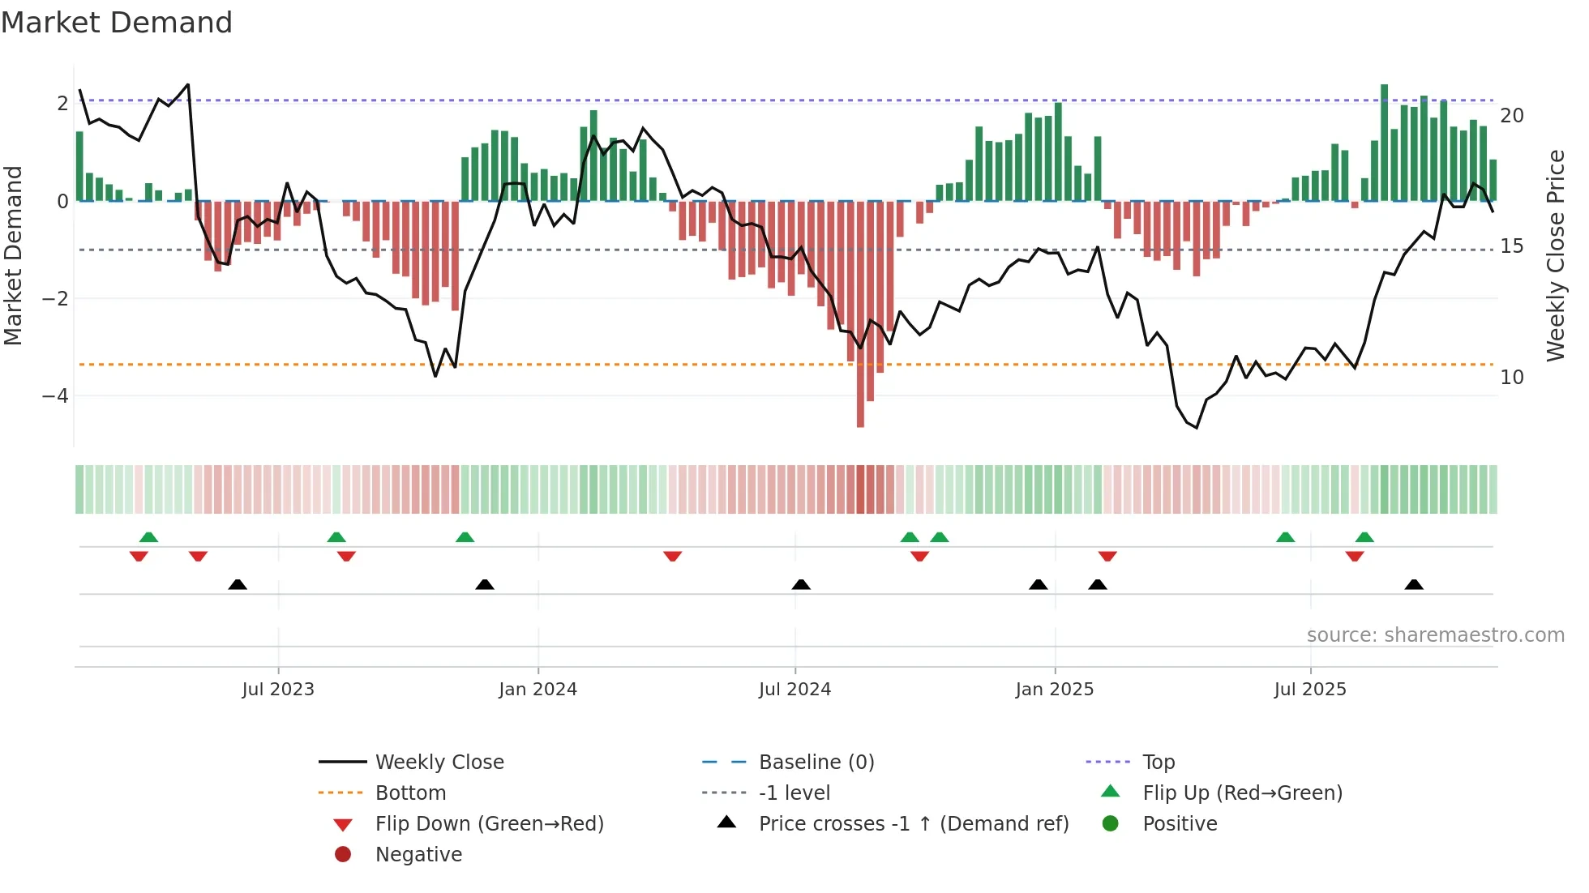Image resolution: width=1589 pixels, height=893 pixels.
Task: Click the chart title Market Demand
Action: [x=117, y=23]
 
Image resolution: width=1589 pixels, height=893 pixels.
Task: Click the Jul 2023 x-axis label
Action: [x=277, y=690]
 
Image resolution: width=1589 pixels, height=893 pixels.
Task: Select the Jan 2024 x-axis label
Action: [x=538, y=690]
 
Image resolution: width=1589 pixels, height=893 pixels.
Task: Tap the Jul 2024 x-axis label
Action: [x=794, y=690]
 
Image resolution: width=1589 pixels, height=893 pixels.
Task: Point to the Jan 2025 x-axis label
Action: [x=1054, y=690]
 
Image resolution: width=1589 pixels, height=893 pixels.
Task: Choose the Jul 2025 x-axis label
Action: [x=1309, y=690]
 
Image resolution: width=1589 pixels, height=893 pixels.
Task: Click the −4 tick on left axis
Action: [x=55, y=396]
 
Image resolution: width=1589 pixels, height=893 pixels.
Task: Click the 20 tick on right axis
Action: [x=1511, y=116]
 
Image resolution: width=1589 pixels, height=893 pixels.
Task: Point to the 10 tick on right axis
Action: [x=1511, y=378]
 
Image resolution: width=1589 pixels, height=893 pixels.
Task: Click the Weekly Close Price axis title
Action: [x=1555, y=255]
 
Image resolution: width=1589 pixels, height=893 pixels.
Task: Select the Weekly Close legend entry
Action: [x=439, y=763]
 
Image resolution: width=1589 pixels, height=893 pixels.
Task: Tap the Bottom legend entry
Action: [x=410, y=793]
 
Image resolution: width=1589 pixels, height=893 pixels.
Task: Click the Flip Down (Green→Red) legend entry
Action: [x=489, y=824]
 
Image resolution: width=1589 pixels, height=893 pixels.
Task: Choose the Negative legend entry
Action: [x=418, y=855]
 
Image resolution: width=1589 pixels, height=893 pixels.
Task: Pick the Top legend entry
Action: [x=1158, y=763]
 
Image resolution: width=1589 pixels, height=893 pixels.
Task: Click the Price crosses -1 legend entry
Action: [x=913, y=824]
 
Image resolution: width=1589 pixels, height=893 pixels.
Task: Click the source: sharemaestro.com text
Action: [x=1435, y=635]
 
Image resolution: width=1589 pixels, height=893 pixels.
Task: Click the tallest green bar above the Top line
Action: [x=1384, y=142]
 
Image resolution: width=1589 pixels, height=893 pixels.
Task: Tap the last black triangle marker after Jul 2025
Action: [x=1414, y=584]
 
